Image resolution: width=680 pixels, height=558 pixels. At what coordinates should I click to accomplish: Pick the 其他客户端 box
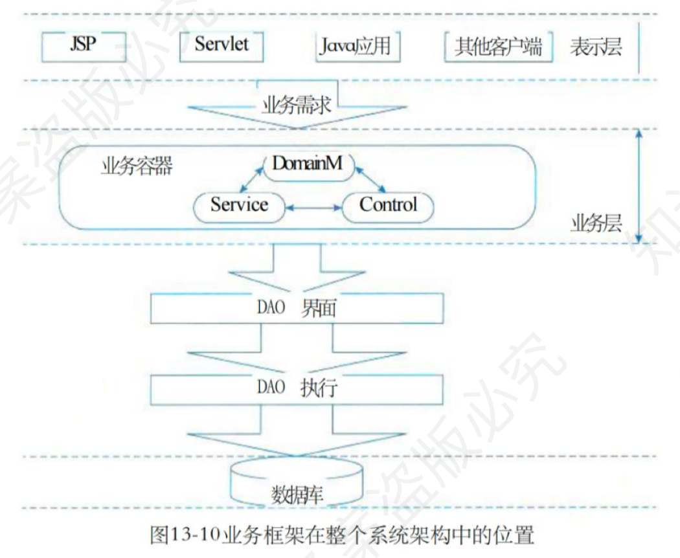(x=498, y=47)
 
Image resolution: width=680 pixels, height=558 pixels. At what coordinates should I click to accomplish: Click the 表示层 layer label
(x=596, y=48)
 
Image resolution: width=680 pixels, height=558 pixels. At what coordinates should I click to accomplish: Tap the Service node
(x=239, y=205)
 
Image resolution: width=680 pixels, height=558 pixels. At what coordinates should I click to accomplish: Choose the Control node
(x=388, y=206)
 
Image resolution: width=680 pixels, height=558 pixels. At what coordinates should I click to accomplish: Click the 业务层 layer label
(x=596, y=224)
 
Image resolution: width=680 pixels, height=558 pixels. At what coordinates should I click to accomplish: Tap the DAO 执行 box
(x=297, y=390)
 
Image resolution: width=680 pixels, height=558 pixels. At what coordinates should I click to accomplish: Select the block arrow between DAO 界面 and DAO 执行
(x=297, y=350)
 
